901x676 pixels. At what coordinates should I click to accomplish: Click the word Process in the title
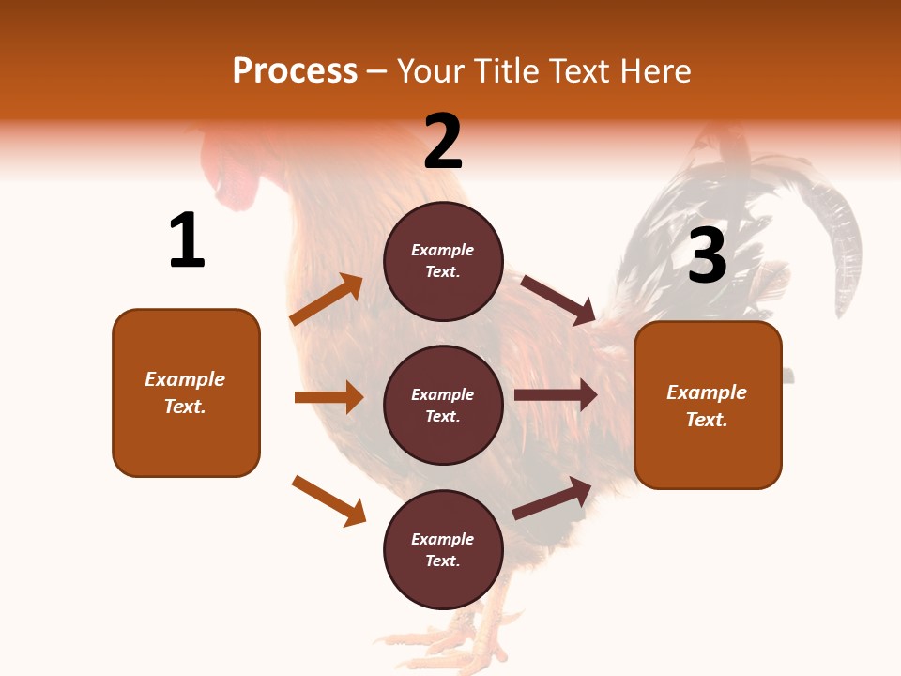pos(295,71)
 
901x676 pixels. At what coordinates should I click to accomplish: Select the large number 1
pos(187,241)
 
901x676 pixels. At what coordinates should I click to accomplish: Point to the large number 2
pos(443,142)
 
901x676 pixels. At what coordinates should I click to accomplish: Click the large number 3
pos(707,256)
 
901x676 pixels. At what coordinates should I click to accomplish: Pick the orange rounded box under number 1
pos(186,392)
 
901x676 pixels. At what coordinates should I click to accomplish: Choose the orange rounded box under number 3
pos(708,405)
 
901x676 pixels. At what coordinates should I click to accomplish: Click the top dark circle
pos(443,261)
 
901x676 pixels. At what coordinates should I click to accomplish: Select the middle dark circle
pos(443,406)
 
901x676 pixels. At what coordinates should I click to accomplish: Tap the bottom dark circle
pos(443,550)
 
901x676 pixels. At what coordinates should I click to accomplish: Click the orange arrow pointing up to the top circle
pos(326,300)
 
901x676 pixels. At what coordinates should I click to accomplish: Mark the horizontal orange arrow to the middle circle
pos(328,397)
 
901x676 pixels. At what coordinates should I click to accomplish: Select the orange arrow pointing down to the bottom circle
pos(328,500)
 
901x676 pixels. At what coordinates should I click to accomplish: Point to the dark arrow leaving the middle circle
pos(556,395)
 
